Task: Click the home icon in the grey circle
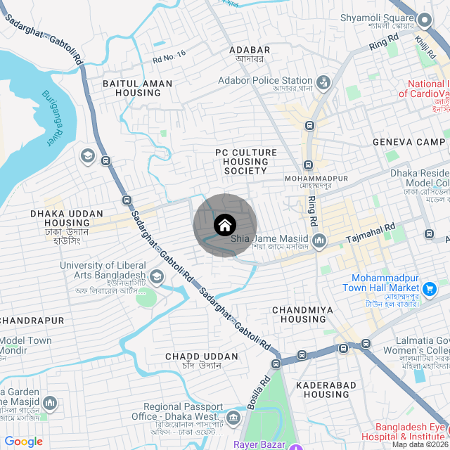224,225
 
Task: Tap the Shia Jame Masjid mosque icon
320,241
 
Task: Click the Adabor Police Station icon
323,82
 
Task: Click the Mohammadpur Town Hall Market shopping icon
430,288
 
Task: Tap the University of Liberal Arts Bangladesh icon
156,277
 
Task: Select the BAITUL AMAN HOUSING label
138,88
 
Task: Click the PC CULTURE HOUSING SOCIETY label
246,162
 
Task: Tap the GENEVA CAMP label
409,141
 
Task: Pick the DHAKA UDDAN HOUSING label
67,218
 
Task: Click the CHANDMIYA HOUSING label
299,314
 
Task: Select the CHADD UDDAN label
192,356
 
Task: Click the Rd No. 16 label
169,56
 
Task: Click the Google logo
23,442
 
